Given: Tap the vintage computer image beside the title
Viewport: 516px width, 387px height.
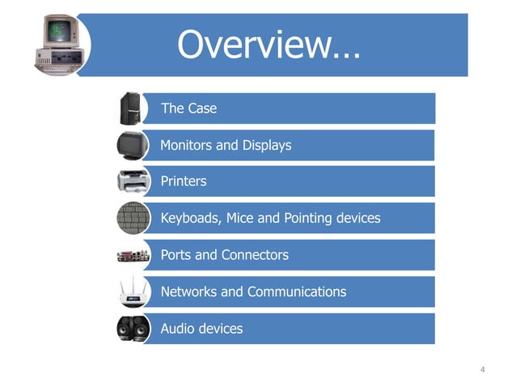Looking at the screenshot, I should [57, 44].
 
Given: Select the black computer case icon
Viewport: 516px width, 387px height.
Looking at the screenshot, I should [131, 108].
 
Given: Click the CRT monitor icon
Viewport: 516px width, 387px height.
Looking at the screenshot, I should [129, 145].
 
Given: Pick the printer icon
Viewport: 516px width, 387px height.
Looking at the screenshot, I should [130, 181].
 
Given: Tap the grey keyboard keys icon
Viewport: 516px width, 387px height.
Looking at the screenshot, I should [130, 218].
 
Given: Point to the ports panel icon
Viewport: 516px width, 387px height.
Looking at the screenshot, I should [130, 255].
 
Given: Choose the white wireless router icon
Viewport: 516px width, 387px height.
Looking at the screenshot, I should [130, 291].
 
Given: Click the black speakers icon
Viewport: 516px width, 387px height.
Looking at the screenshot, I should [130, 329].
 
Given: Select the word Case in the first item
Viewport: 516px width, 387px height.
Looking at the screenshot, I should [202, 108].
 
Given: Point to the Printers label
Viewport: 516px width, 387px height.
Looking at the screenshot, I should [184, 181].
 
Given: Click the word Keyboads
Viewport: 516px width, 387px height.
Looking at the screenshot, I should [190, 219].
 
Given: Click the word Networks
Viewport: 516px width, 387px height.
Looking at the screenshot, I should [189, 291].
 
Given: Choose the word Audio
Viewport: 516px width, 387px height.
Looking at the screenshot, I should [178, 329].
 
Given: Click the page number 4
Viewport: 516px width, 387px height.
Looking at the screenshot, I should [482, 370].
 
